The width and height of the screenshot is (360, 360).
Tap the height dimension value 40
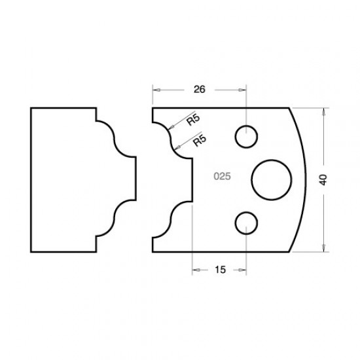[x=323, y=180]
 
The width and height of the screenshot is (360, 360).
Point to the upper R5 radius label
[x=192, y=120]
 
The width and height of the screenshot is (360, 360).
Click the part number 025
[x=221, y=177]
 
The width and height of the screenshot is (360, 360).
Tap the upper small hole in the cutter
[x=245, y=137]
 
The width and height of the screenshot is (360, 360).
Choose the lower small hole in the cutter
[x=245, y=223]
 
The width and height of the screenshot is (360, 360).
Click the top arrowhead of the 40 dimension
[x=324, y=111]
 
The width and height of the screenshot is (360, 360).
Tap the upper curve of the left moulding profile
[x=113, y=139]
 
